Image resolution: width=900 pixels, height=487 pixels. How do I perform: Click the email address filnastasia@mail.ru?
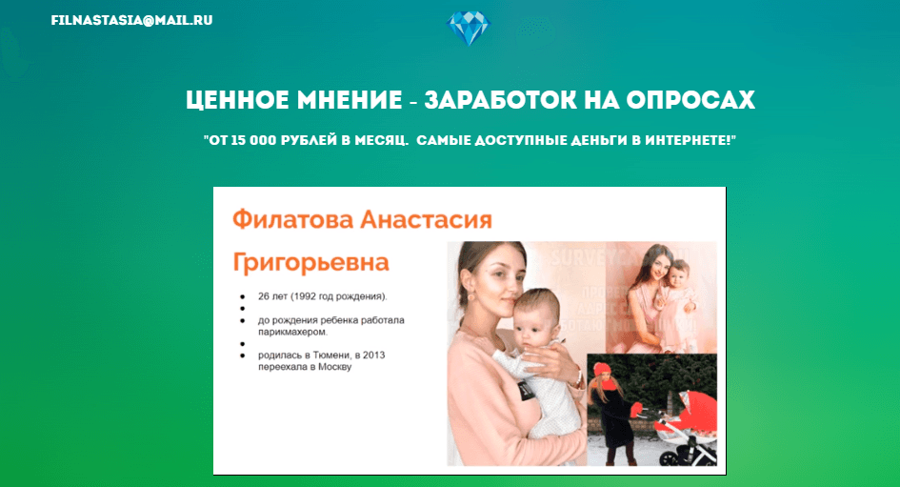pyautogui.click(x=131, y=20)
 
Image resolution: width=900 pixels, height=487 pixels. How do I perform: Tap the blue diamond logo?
pyautogui.click(x=467, y=30)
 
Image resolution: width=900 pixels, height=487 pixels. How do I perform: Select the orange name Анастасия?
pyautogui.click(x=427, y=220)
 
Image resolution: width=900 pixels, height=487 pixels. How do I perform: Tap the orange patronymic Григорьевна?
pyautogui.click(x=310, y=262)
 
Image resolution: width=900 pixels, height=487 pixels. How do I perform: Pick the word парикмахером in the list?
pyautogui.click(x=286, y=332)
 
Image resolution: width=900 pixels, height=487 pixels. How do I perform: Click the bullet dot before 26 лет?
pyautogui.click(x=243, y=296)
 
